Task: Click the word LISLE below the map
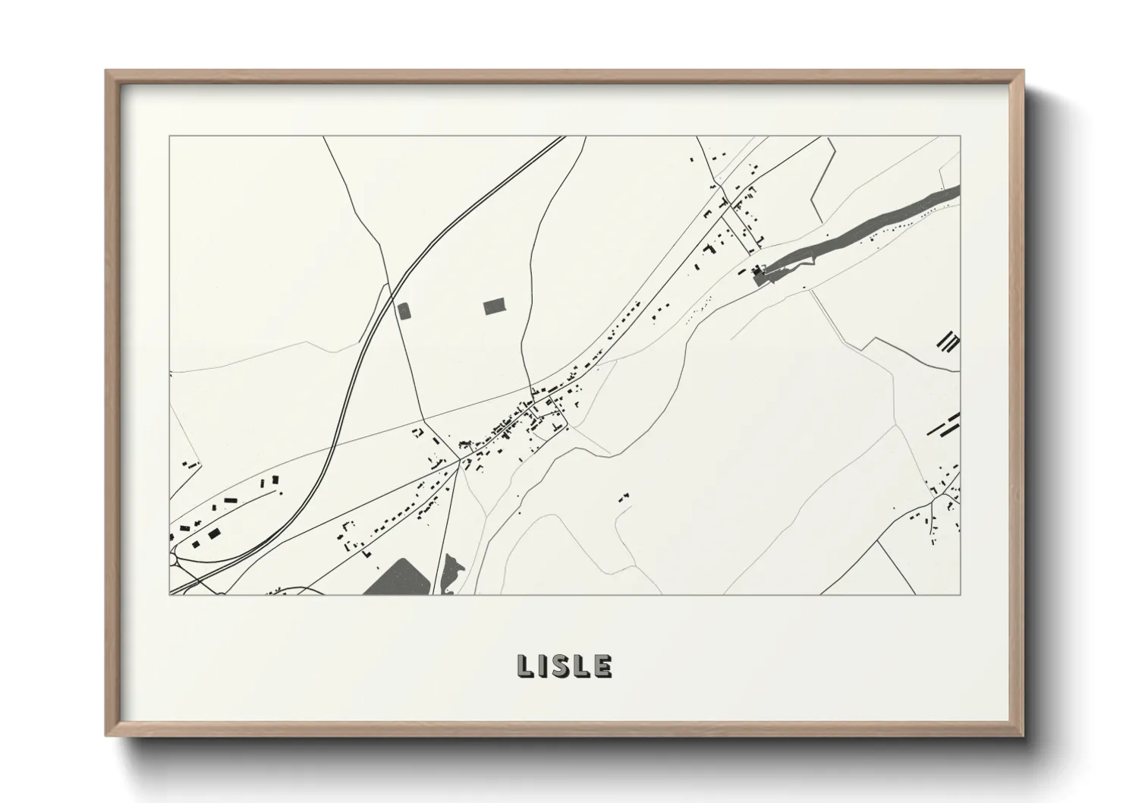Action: click(x=564, y=666)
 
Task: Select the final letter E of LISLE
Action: click(x=603, y=666)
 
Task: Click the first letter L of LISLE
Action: click(x=525, y=666)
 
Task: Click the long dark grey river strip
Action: click(x=865, y=231)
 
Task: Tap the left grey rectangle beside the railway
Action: click(x=404, y=310)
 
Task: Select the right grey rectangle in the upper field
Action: click(x=495, y=306)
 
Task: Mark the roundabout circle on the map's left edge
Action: click(x=173, y=559)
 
